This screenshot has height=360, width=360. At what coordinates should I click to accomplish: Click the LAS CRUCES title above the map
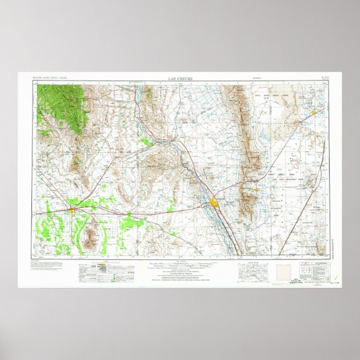click(180, 79)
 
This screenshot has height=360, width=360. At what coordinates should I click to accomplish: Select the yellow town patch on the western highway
click(72, 210)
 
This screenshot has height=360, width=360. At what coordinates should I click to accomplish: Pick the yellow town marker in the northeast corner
click(313, 112)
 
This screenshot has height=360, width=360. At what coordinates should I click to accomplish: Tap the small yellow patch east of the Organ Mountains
click(255, 190)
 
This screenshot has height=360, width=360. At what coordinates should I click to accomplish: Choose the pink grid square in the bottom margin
click(281, 271)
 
